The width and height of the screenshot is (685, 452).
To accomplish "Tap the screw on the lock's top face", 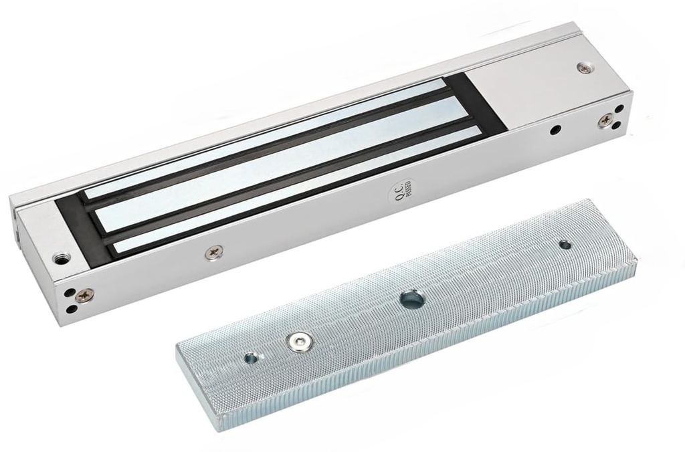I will (586, 68).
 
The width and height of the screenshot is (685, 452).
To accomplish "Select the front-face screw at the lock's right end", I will (605, 120).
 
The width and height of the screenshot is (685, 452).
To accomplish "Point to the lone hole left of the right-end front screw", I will (555, 130).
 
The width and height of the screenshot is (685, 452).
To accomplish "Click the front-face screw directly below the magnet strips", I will (215, 252).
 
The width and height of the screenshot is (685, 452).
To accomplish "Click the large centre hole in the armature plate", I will (411, 299).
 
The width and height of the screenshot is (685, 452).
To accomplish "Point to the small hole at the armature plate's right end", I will (565, 245).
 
